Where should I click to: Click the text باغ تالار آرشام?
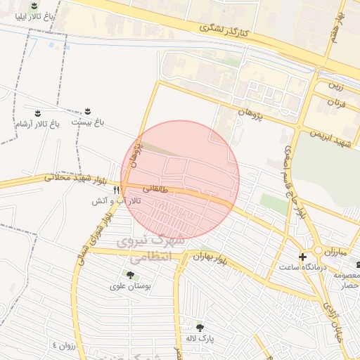click(37, 124)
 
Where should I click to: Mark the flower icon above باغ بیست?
click(88, 112)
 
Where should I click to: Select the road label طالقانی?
click(155, 188)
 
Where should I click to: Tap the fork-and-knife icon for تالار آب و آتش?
click(116, 190)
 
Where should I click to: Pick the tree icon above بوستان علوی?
click(129, 274)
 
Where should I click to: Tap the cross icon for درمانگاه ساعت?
click(303, 257)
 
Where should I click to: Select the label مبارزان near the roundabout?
click(336, 250)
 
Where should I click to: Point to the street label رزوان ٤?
click(63, 345)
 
